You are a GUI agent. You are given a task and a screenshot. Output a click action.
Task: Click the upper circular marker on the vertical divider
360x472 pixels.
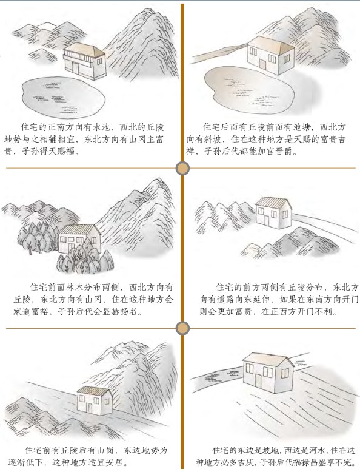point(182,168)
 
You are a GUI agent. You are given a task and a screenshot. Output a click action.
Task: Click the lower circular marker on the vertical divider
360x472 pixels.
point(182,328)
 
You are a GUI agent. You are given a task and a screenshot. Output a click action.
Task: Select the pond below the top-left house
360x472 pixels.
point(61,96)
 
